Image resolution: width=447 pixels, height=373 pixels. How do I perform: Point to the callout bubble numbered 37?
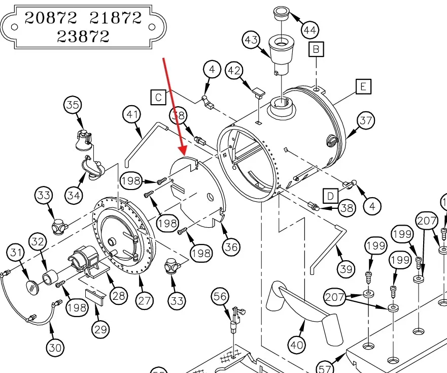click(366, 121)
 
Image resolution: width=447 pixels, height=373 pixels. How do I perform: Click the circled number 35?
click(73, 106)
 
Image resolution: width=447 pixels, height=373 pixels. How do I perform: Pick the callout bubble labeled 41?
click(133, 115)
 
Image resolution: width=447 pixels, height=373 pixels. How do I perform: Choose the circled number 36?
click(231, 247)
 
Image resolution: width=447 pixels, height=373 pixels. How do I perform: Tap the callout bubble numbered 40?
click(297, 346)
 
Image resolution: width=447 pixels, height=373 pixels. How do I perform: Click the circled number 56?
click(220, 296)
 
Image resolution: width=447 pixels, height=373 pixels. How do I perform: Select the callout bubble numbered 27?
click(145, 301)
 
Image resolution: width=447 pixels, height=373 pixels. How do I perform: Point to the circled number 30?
click(55, 348)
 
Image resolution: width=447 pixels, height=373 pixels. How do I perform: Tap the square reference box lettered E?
click(363, 87)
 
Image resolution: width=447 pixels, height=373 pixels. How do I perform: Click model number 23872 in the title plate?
click(83, 36)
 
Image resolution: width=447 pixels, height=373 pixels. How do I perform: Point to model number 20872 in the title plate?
click(51, 18)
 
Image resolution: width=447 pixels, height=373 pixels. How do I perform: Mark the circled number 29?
click(100, 329)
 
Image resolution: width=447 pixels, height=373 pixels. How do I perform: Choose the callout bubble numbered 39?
click(347, 269)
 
